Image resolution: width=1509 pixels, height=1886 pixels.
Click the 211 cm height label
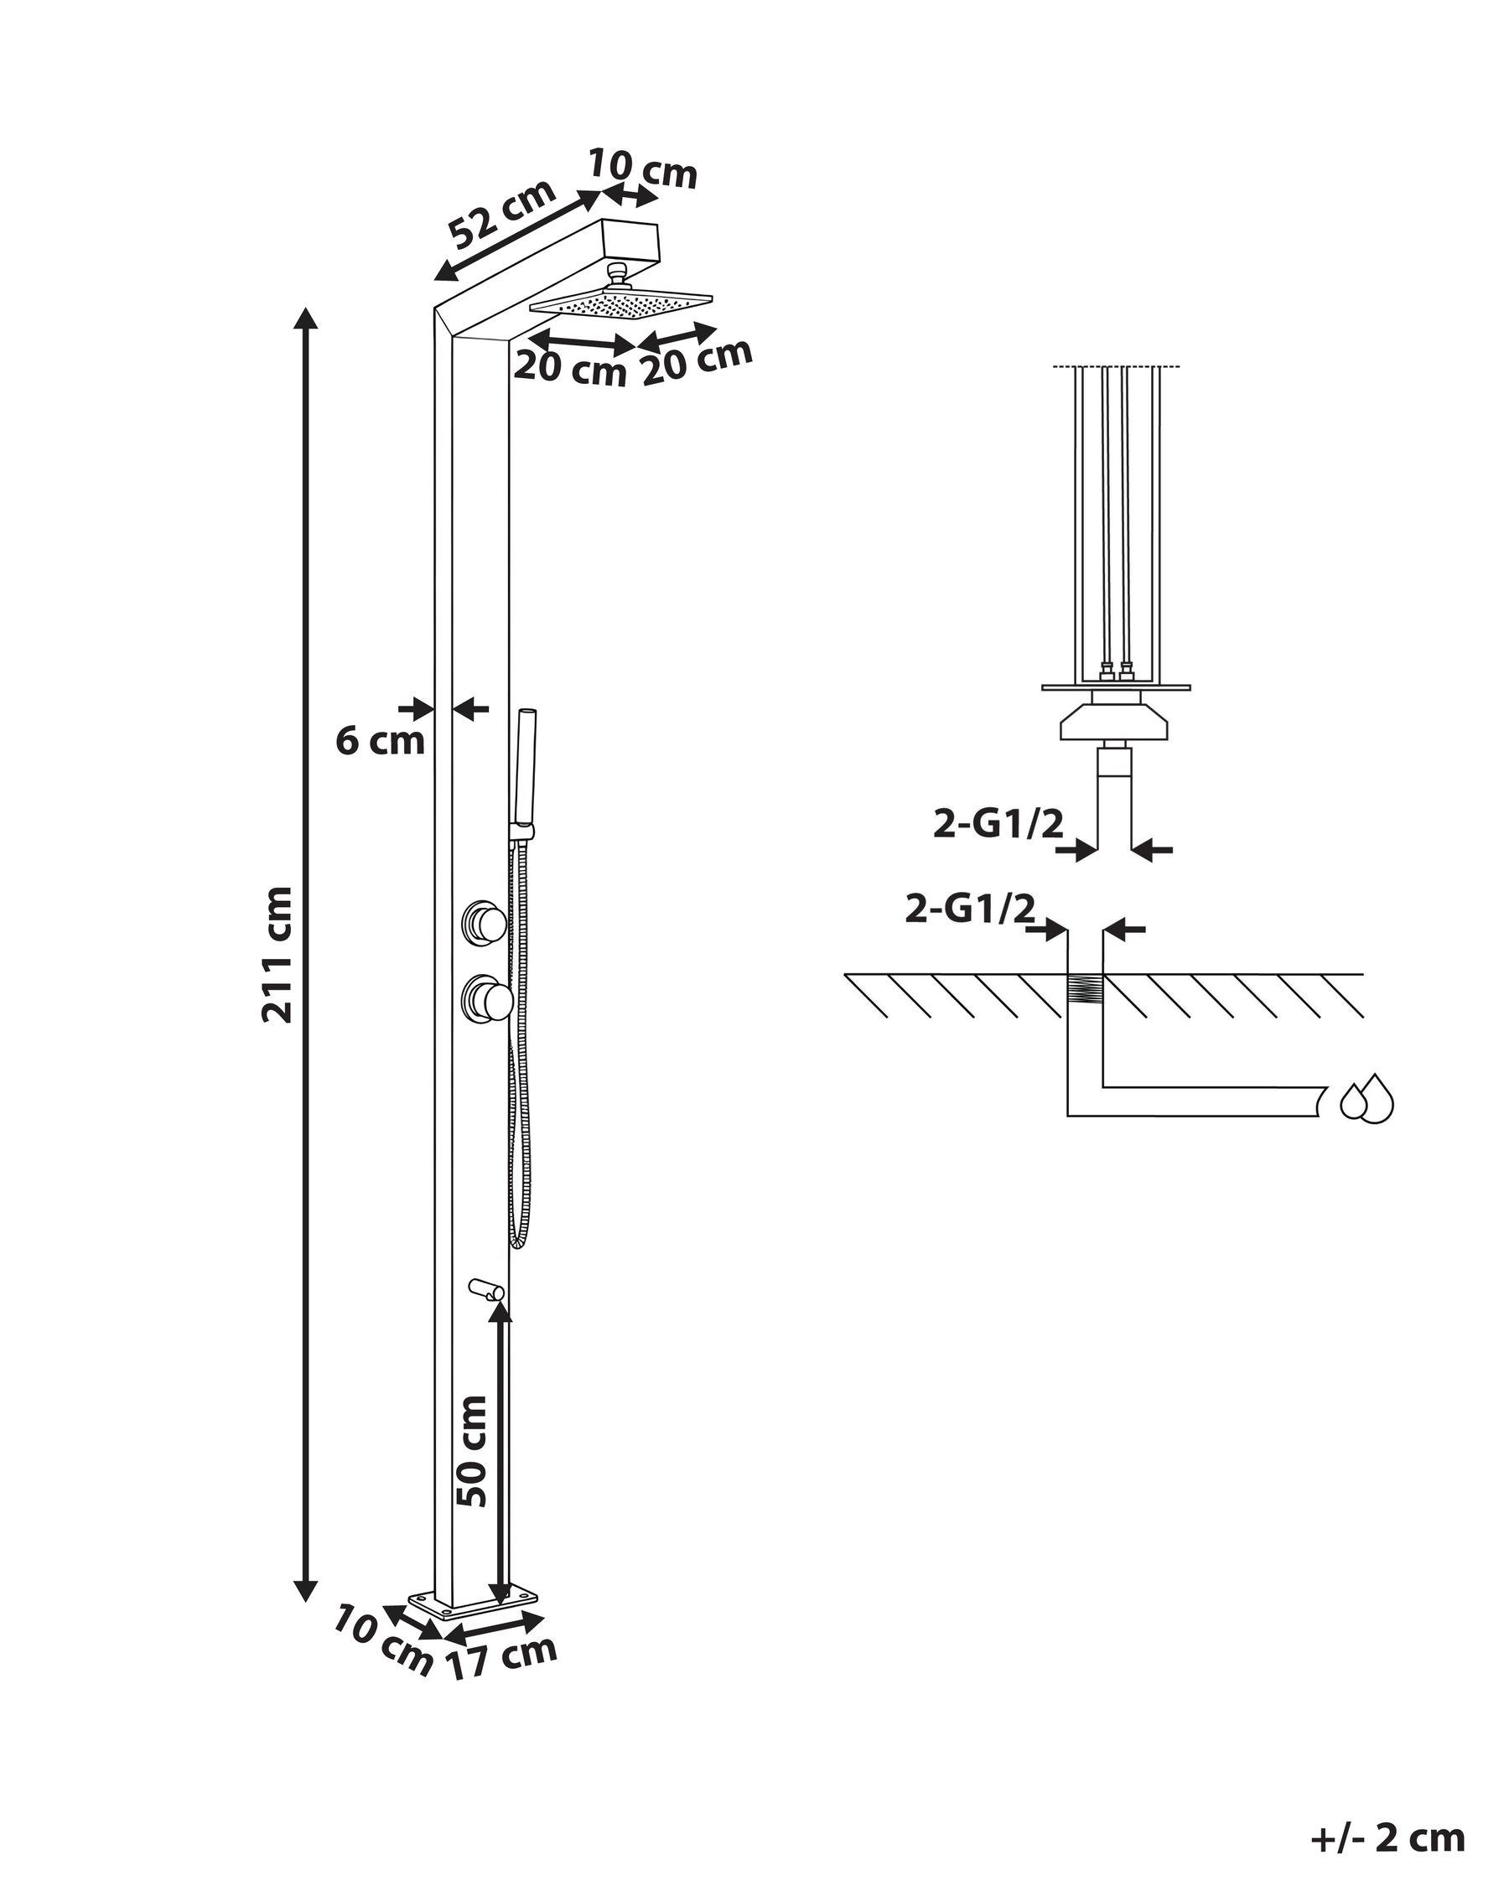[x=277, y=955]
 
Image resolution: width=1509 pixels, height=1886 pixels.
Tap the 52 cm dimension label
[x=501, y=215]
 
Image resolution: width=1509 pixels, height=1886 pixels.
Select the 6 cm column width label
[x=380, y=741]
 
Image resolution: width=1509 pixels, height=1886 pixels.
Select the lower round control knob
[x=486, y=997]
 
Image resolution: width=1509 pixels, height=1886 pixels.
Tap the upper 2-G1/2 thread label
[x=998, y=823]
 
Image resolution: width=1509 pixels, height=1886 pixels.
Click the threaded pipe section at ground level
[x=1085, y=996]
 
